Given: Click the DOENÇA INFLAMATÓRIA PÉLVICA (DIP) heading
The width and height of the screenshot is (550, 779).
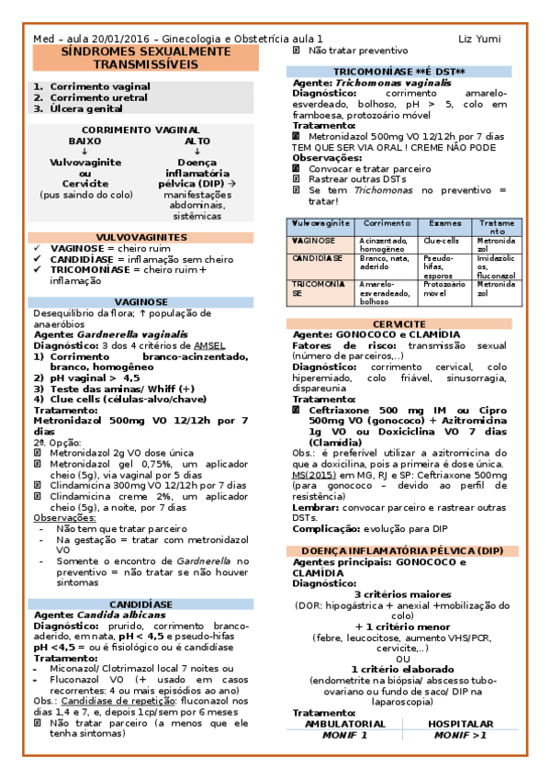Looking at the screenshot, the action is click(405, 549).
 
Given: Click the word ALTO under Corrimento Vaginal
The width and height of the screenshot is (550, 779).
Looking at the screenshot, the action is click(196, 141).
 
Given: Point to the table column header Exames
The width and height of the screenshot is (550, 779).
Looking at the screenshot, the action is click(445, 223).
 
